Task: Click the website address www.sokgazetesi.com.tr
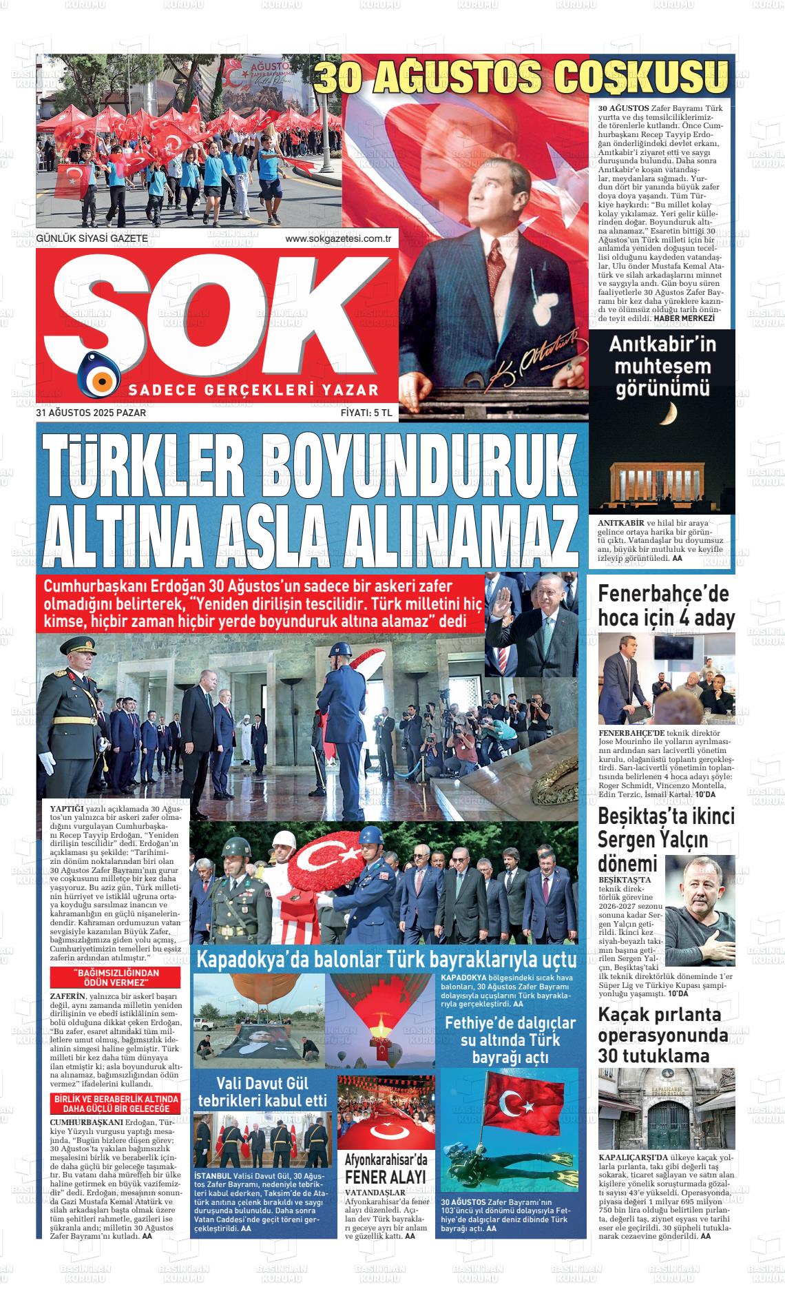(338, 238)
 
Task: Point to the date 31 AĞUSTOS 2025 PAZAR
(91, 413)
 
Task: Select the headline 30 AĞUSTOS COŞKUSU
(521, 75)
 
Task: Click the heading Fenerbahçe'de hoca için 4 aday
(666, 605)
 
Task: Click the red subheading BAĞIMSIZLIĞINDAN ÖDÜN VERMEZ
(116, 977)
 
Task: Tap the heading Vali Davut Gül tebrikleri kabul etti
(262, 1091)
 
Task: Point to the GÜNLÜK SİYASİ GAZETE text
(92, 238)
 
